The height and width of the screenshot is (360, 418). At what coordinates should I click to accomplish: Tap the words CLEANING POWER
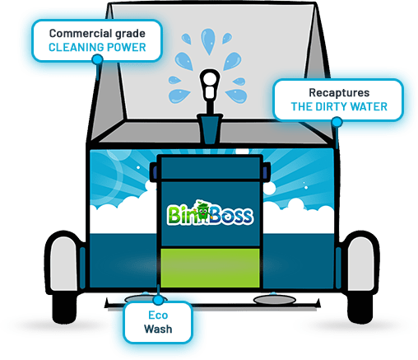pyautogui.click(x=97, y=47)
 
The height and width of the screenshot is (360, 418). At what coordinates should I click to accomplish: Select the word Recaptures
pyautogui.click(x=339, y=93)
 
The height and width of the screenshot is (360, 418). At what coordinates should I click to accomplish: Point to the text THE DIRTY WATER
pyautogui.click(x=339, y=106)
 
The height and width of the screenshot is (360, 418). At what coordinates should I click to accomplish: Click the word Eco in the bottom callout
pyautogui.click(x=158, y=315)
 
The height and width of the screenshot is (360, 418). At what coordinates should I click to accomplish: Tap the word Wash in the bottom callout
pyautogui.click(x=158, y=329)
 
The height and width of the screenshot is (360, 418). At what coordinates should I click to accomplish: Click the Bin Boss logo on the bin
pyautogui.click(x=210, y=213)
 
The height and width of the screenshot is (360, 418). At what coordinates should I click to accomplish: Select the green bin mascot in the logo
pyautogui.click(x=203, y=211)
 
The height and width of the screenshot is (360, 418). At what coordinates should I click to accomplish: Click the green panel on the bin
pyautogui.click(x=210, y=268)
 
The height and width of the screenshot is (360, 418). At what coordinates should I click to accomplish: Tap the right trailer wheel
pyautogui.click(x=360, y=278)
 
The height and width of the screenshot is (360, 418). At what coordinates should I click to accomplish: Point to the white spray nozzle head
pyautogui.click(x=210, y=84)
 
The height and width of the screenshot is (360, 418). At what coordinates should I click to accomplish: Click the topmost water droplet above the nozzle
pyautogui.click(x=208, y=41)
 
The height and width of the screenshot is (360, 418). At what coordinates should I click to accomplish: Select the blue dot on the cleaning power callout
pyautogui.click(x=97, y=59)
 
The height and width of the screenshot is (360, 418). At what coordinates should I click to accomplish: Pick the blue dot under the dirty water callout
pyautogui.click(x=337, y=122)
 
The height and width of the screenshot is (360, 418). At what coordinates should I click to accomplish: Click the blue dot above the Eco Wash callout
pyautogui.click(x=158, y=300)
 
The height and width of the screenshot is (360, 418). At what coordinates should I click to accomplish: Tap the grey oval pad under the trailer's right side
pyautogui.click(x=275, y=300)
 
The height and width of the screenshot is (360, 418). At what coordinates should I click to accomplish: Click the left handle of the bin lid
pyautogui.click(x=153, y=172)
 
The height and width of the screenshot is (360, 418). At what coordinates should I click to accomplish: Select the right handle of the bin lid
pyautogui.click(x=267, y=172)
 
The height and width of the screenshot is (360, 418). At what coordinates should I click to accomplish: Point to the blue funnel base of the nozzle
pyautogui.click(x=210, y=129)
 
